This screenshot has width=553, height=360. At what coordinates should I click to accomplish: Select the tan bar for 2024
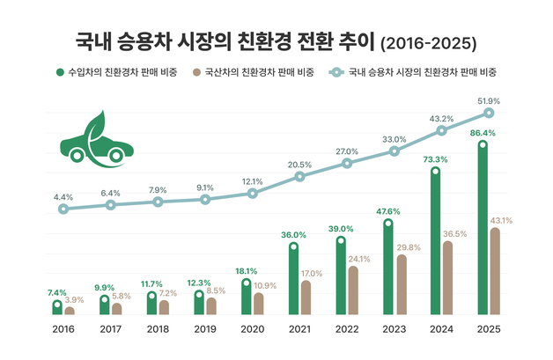pyautogui.click(x=448, y=278)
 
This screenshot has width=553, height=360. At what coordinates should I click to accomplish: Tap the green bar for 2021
pyautogui.click(x=293, y=280)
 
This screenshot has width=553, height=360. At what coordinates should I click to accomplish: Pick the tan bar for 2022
pyautogui.click(x=353, y=290)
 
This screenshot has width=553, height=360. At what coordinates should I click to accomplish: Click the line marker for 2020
pyautogui.click(x=253, y=193)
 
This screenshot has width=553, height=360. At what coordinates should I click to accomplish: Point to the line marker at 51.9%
pyautogui.click(x=490, y=113)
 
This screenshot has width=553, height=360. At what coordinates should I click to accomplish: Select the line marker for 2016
pyautogui.click(x=63, y=209)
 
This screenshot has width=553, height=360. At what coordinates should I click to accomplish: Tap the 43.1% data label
pyautogui.click(x=501, y=220)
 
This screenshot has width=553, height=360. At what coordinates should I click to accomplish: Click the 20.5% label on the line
pyautogui.click(x=299, y=165)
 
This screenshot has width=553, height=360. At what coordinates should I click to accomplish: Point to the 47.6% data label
pyautogui.click(x=387, y=211)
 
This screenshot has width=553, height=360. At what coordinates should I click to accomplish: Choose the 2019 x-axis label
pyautogui.click(x=204, y=330)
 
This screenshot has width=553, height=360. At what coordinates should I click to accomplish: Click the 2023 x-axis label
pyautogui.click(x=394, y=330)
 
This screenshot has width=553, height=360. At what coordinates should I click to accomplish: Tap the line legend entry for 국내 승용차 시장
pyautogui.click(x=415, y=71)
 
